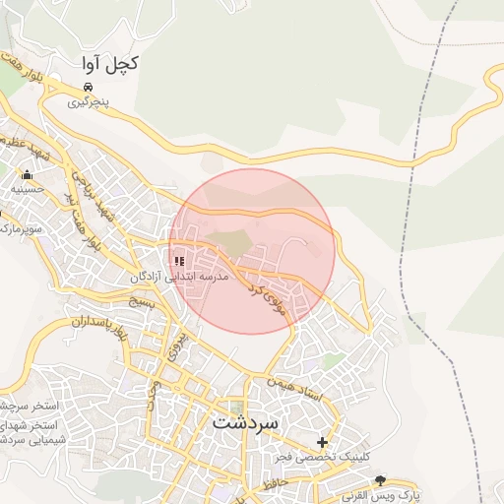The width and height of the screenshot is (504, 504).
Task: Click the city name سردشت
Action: click(246, 421)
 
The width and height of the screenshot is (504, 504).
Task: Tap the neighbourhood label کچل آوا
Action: click(109, 63)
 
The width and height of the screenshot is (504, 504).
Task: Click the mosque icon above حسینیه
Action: click(27, 175)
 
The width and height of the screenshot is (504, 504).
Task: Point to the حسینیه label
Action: click(26, 188)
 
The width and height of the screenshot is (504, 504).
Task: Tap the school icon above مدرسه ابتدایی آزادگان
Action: click(179, 261)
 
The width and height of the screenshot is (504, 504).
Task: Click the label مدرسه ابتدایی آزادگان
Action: click(180, 278)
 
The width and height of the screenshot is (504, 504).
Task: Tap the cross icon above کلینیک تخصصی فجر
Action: click(322, 442)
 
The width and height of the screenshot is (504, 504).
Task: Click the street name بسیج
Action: click(144, 302)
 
